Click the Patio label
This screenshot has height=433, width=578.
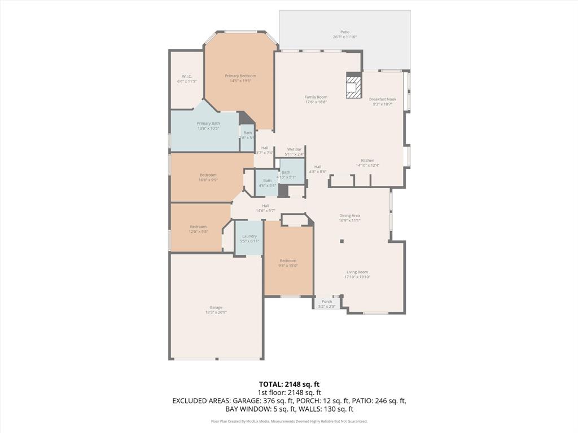pyautogui.click(x=344, y=32)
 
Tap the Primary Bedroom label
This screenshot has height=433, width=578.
pyautogui.click(x=240, y=76)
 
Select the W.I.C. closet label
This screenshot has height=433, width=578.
pyautogui.click(x=187, y=77)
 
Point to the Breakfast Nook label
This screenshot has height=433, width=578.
pyautogui.click(x=383, y=99)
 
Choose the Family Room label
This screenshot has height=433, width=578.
pyautogui.click(x=316, y=97)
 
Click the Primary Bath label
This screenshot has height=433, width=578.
pyautogui.click(x=208, y=123)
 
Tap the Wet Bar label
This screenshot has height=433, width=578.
pyautogui.click(x=294, y=149)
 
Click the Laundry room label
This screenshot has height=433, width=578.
pyautogui.click(x=249, y=236)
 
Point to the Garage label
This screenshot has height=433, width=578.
pyautogui.click(x=216, y=307)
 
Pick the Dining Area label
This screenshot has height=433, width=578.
pyautogui.click(x=349, y=215)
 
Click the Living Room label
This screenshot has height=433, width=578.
pyautogui.click(x=357, y=272)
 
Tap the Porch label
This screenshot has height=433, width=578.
pyautogui.click(x=327, y=302)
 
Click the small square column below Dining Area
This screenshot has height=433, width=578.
pyautogui.click(x=341, y=241)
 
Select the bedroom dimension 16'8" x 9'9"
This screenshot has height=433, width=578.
pyautogui.click(x=208, y=180)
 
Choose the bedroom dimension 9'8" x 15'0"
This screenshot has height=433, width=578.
pyautogui.click(x=288, y=266)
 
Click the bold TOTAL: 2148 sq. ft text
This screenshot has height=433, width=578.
pyautogui.click(x=289, y=384)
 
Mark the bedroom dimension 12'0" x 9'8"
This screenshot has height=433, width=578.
pyautogui.click(x=198, y=232)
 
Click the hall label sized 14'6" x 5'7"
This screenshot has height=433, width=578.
pyautogui.click(x=265, y=210)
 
